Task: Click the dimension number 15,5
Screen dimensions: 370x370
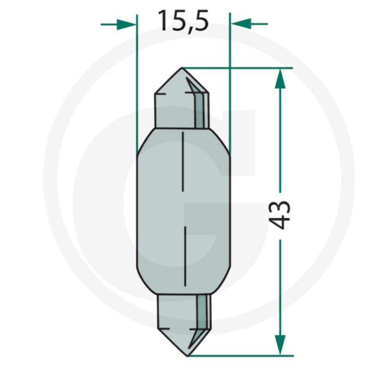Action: [183, 21]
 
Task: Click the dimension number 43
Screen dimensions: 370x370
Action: [280, 215]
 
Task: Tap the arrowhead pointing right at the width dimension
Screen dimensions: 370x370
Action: [126, 24]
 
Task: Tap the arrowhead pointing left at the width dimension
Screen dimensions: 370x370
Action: [241, 24]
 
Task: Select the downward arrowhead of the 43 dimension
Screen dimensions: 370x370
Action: [280, 345]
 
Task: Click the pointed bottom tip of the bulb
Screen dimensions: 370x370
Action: [188, 355]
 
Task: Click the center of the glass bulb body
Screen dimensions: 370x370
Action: [183, 210]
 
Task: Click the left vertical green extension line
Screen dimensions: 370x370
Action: [137, 83]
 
